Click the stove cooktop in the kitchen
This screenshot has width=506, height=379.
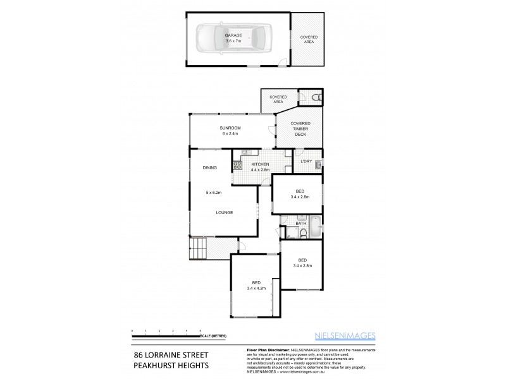238,165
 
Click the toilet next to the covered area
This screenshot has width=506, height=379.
317,97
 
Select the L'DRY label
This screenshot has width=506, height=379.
306,162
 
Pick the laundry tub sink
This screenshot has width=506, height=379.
318,165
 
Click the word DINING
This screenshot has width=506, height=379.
210,168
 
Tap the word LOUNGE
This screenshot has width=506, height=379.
225,213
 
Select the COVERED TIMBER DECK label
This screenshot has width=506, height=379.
299,129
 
